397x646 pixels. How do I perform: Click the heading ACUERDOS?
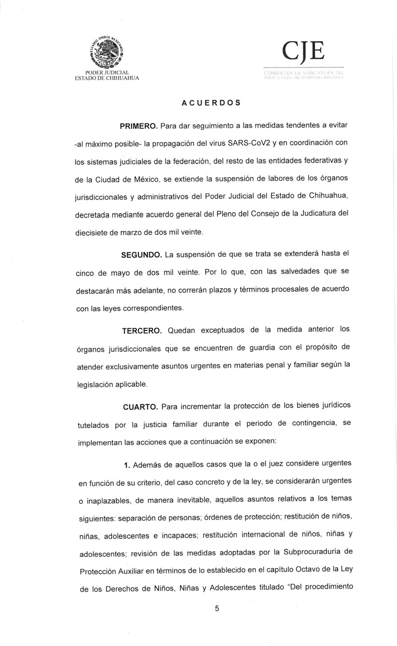(211, 103)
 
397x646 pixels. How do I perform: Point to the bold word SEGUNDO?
(142, 255)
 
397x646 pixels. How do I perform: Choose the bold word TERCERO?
(142, 331)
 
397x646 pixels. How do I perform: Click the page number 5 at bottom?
(216, 609)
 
